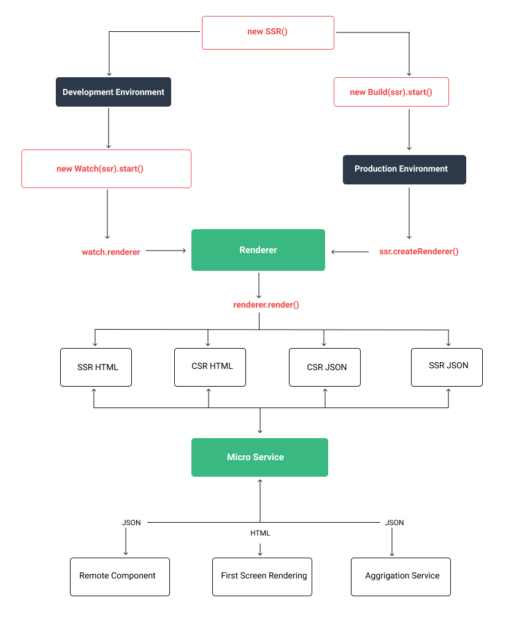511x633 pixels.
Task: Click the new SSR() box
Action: click(268, 32)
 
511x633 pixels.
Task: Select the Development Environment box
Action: click(113, 92)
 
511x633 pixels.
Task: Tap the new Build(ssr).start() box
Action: click(391, 92)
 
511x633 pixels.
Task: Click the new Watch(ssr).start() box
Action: click(106, 169)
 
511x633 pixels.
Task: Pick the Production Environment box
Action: click(404, 169)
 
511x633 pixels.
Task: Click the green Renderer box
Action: click(258, 250)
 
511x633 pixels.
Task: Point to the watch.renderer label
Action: click(111, 252)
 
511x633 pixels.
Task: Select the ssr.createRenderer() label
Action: click(419, 251)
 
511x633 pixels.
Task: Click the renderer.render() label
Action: click(266, 305)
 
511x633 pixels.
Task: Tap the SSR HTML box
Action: click(96, 368)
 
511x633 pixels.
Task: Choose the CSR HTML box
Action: click(210, 367)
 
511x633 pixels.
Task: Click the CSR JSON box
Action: click(325, 368)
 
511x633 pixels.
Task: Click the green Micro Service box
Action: click(259, 457)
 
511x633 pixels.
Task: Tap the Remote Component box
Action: click(120, 577)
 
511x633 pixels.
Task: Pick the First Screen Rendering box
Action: click(262, 577)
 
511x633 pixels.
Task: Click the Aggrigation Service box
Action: click(401, 577)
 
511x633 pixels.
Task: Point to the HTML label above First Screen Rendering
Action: click(260, 533)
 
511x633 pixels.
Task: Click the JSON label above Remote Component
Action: click(131, 523)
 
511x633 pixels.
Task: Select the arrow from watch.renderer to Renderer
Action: click(166, 251)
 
